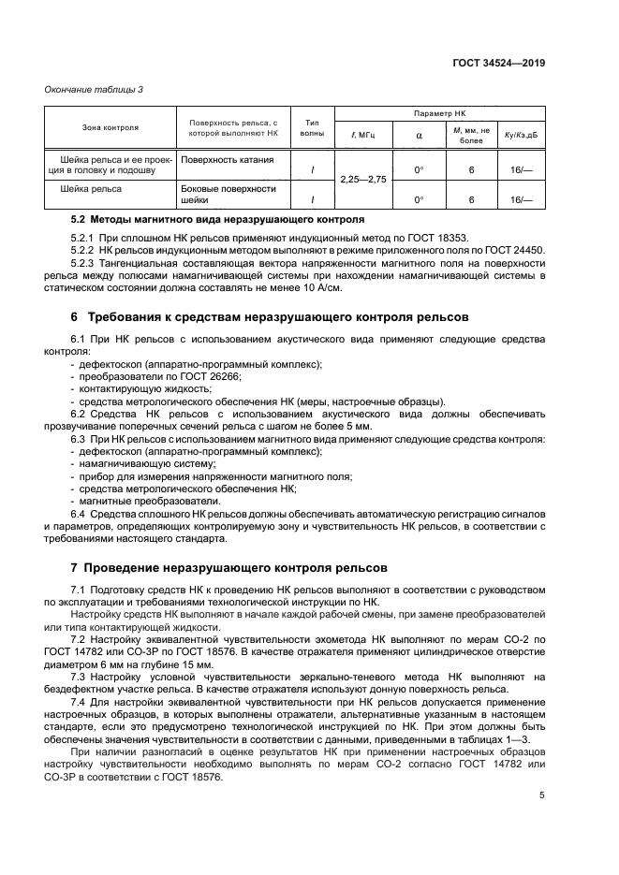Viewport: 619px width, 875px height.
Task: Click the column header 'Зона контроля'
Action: coord(111,127)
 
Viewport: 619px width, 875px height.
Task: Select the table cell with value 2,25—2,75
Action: coord(362,179)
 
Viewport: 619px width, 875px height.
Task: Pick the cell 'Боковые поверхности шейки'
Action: coord(228,194)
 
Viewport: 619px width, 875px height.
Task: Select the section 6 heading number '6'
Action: coord(75,318)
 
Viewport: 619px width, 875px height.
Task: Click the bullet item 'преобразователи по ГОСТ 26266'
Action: coord(158,376)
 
